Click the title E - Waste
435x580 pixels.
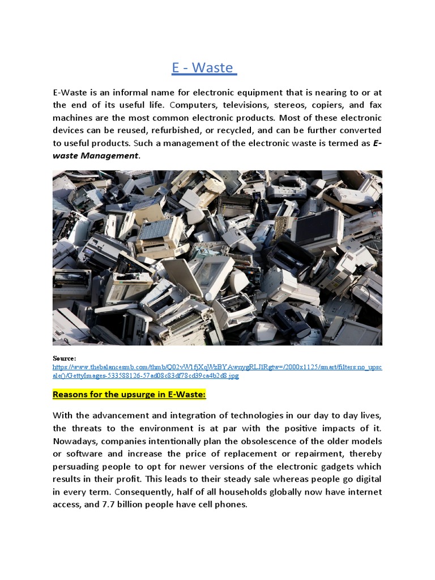203,68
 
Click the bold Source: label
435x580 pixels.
64,359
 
